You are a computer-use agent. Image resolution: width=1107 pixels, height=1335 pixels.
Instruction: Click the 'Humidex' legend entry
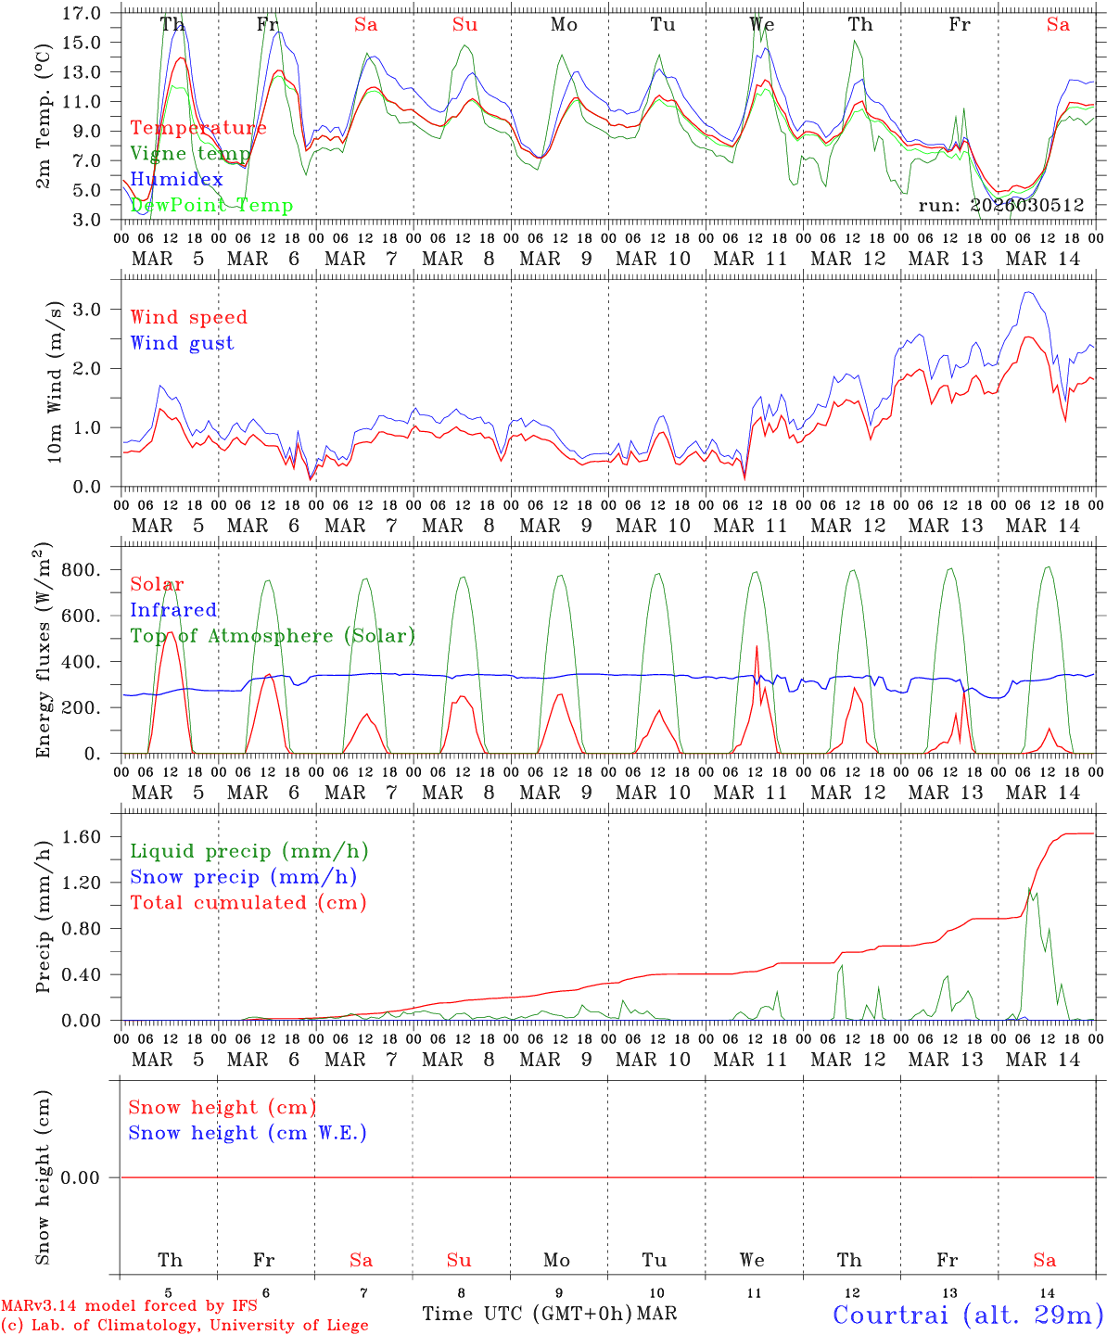tap(176, 179)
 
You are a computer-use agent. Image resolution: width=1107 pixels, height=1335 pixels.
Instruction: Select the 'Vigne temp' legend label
tap(190, 153)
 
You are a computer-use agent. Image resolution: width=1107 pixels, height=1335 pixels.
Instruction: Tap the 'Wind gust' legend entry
tap(182, 343)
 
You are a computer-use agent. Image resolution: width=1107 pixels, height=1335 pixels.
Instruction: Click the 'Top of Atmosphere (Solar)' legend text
tap(272, 636)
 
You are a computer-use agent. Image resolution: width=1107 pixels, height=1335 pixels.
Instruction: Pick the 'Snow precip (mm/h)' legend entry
tap(243, 877)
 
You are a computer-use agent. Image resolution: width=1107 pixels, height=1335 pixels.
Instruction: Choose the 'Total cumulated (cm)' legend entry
tap(248, 902)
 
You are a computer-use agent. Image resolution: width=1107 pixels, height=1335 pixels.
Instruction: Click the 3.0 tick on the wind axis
tap(95, 309)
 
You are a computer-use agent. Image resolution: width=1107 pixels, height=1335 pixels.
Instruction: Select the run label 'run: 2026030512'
tap(1001, 206)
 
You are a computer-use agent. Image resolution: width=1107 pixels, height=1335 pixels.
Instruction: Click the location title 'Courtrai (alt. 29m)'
tap(968, 1314)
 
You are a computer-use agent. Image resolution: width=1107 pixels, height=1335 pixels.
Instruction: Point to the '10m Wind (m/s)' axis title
tap(55, 382)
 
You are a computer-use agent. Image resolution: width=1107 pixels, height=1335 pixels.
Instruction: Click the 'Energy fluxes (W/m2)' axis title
tap(44, 652)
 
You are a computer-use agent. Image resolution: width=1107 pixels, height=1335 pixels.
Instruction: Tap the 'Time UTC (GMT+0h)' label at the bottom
tap(528, 1314)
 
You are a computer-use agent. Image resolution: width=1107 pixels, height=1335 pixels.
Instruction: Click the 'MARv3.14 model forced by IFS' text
tap(129, 1305)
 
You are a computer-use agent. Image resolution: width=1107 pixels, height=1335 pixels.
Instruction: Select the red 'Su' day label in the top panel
tap(464, 25)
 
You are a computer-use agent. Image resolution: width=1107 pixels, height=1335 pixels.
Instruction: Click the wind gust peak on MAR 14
tap(1026, 293)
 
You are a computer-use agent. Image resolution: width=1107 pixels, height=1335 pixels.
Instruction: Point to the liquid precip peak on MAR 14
tap(1028, 888)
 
